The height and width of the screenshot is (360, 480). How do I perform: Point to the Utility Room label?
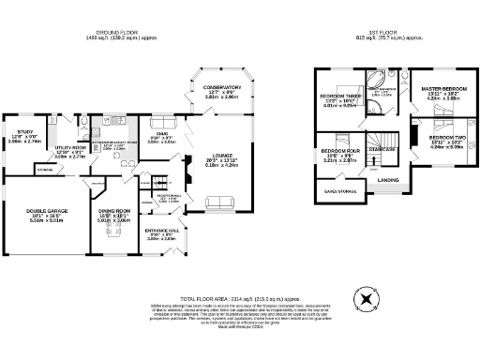click(x=69, y=149)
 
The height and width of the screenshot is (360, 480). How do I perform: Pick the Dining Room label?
click(x=114, y=211)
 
